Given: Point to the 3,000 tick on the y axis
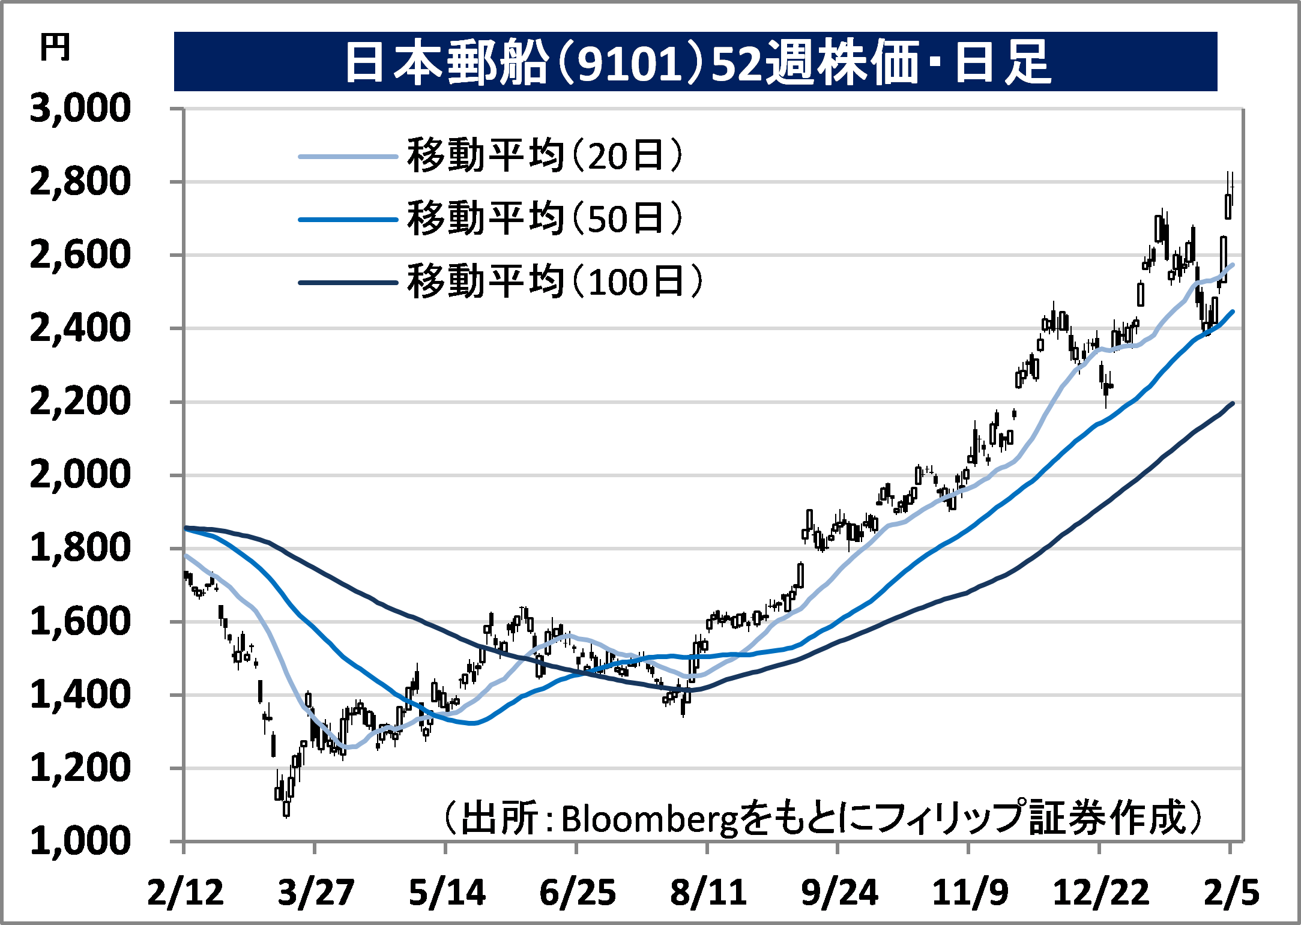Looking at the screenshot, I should point(80,109).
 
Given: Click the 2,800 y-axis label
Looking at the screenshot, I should point(80,182).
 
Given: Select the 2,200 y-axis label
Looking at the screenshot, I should point(80,402).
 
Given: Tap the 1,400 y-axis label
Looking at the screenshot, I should point(80,695).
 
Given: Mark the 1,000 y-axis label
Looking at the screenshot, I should point(80,841).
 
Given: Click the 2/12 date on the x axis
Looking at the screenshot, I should point(185,893).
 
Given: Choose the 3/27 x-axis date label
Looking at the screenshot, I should point(316,893).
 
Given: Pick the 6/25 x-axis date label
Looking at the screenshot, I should point(578,893).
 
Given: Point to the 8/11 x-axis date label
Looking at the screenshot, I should point(708,893).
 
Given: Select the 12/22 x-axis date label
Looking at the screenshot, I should point(1100,893).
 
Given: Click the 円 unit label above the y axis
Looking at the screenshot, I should point(55,47).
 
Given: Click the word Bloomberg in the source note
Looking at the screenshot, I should point(649,819).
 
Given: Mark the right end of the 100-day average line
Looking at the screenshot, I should point(1233,403).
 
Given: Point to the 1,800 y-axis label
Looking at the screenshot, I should point(80,548).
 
